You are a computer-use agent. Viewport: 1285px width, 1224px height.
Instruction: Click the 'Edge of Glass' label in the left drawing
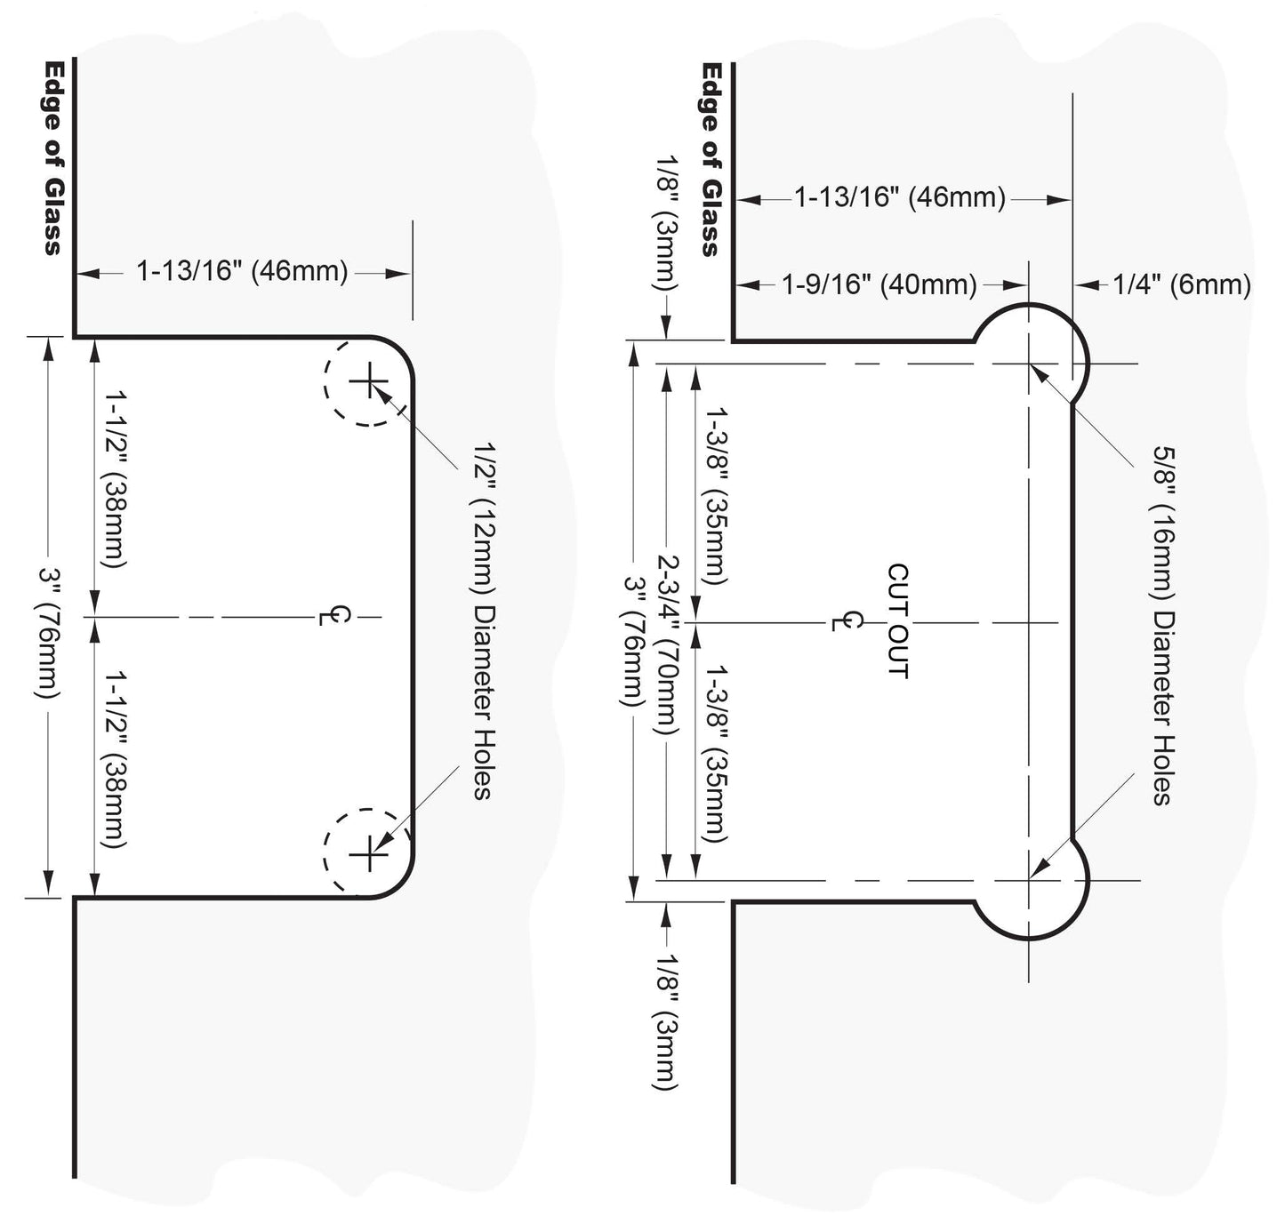pyautogui.click(x=53, y=157)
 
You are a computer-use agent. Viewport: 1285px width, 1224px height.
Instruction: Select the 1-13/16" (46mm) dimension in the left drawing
pyautogui.click(x=242, y=270)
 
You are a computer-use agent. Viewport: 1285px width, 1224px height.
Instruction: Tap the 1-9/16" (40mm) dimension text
pyautogui.click(x=879, y=284)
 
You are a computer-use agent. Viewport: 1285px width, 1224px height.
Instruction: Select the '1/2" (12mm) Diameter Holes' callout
pyautogui.click(x=484, y=620)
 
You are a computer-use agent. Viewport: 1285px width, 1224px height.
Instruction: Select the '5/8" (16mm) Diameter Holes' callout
pyautogui.click(x=1164, y=626)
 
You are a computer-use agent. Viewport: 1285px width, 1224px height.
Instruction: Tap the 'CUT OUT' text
pyautogui.click(x=898, y=621)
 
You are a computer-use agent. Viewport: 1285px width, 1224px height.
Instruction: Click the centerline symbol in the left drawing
pyautogui.click(x=334, y=616)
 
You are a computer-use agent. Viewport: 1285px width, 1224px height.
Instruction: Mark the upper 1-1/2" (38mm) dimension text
pyautogui.click(x=114, y=479)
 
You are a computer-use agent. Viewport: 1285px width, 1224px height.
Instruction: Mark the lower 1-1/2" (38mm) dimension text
pyautogui.click(x=114, y=759)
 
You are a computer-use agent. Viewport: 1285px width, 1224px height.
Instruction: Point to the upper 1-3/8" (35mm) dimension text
pyautogui.click(x=715, y=495)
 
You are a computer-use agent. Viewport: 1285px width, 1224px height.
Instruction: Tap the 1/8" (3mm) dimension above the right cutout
pyautogui.click(x=667, y=223)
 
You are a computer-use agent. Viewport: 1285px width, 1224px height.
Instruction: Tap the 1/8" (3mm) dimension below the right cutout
pyautogui.click(x=667, y=1022)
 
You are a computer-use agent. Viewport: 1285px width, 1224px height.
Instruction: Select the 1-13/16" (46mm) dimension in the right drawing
pyautogui.click(x=900, y=196)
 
